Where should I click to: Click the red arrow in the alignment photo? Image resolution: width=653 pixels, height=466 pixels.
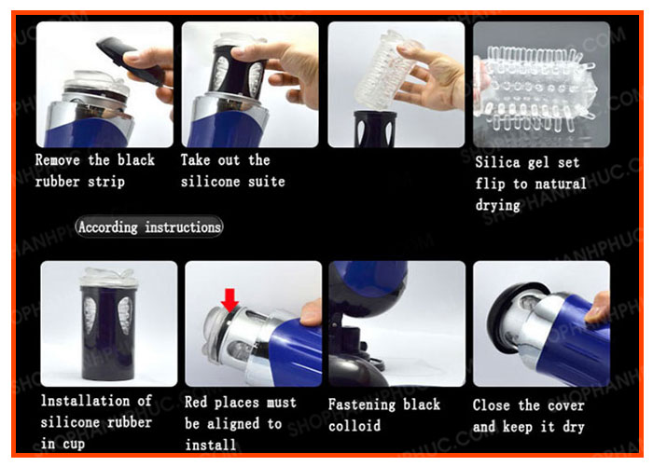coord(229,300)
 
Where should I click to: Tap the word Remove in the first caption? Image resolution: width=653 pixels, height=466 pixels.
coord(58,160)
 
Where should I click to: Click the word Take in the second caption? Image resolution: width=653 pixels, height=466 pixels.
coord(195,160)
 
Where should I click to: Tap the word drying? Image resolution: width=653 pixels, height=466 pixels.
coord(498,206)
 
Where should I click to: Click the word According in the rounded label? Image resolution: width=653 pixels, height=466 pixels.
coord(108,227)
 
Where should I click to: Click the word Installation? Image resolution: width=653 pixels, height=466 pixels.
coord(86,401)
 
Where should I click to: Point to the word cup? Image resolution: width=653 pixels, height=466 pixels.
coord(74,444)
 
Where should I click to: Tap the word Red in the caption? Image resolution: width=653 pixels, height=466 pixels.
coord(196,403)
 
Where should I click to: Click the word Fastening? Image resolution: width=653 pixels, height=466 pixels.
coord(362,404)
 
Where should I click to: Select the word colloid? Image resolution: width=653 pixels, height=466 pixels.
coord(354,426)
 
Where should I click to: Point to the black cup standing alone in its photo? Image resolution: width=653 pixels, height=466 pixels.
coord(108,325)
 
